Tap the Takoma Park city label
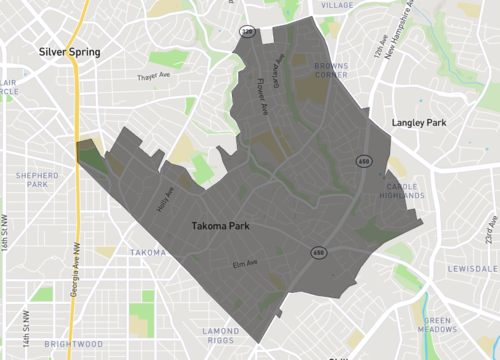pyautogui.click(x=220, y=226)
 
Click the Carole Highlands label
pyautogui.click(x=405, y=192)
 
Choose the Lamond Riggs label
pyautogui.click(x=221, y=336)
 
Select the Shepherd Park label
pyautogui.click(x=30, y=178)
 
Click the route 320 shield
pyautogui.click(x=246, y=33)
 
